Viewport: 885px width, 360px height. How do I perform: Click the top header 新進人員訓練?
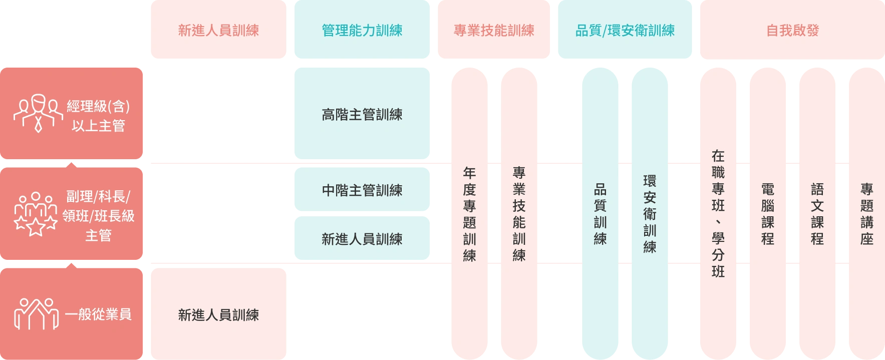218,31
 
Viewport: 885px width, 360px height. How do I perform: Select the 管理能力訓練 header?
362,31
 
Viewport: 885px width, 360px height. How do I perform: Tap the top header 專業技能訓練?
494,31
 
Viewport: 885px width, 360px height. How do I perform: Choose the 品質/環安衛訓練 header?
625,31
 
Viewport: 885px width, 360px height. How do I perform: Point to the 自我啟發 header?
792,31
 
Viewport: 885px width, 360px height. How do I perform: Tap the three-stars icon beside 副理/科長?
35,214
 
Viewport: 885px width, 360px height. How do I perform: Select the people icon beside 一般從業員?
36,314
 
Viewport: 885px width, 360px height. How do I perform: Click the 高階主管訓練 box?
362,115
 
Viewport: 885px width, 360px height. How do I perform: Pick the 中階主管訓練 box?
362,190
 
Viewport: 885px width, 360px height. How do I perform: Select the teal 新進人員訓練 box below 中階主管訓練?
362,239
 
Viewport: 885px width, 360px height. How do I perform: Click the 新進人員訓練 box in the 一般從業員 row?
218,314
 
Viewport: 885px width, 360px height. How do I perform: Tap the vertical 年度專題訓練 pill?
469,214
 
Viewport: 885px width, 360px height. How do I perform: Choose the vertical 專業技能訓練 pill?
519,214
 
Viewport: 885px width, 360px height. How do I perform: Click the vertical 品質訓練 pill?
600,214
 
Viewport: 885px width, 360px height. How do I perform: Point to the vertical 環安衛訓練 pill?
650,214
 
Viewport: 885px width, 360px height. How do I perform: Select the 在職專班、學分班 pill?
718,214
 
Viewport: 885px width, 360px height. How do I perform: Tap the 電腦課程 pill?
768,214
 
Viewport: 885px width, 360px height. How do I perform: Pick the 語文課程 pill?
817,214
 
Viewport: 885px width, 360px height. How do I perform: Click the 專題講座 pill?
866,214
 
